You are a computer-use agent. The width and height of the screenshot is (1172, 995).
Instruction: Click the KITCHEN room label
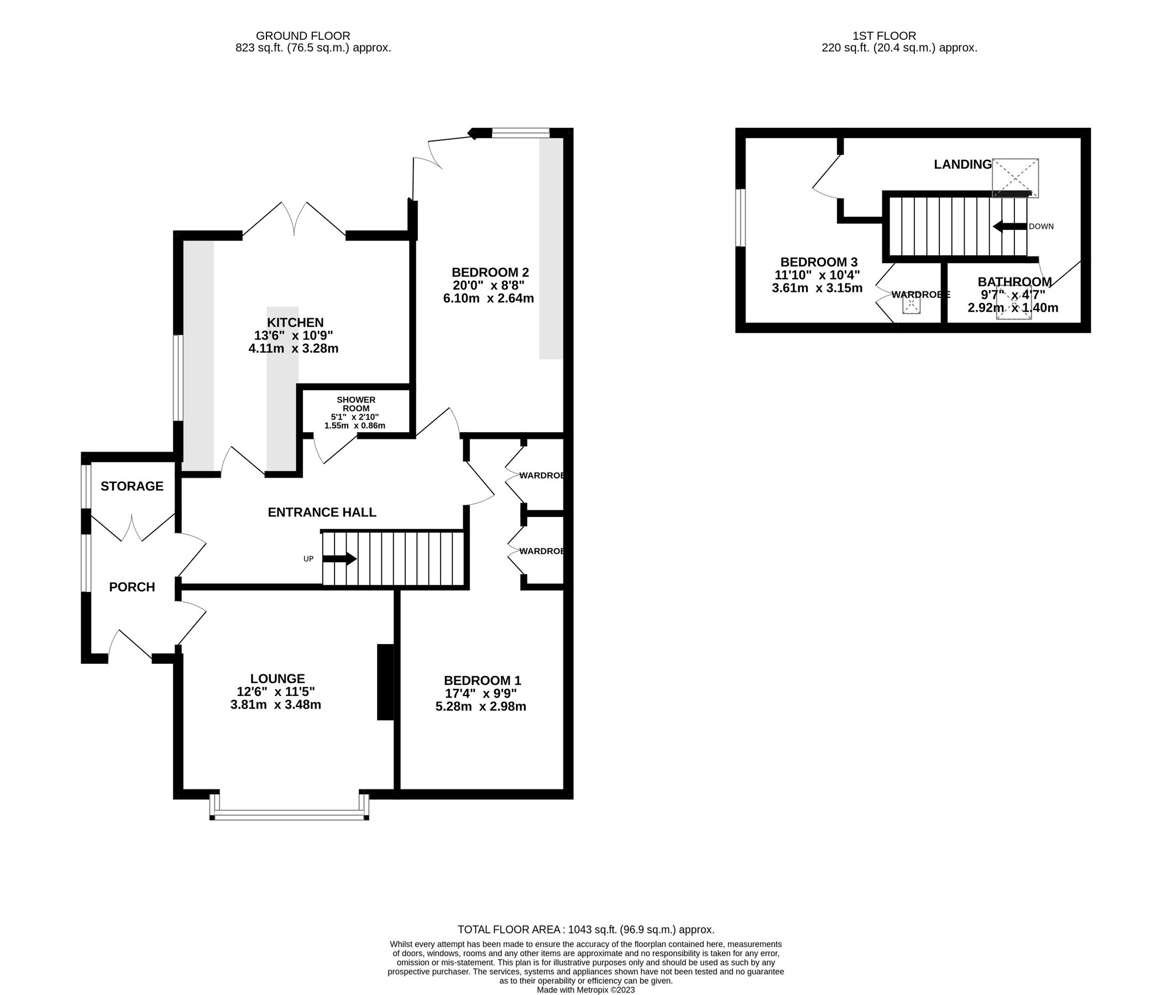point(295,323)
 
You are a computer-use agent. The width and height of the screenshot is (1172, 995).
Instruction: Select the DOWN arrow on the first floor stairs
point(1009,226)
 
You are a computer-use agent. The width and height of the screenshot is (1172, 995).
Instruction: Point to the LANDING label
point(962,164)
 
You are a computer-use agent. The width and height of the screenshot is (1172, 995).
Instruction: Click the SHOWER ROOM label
point(356,404)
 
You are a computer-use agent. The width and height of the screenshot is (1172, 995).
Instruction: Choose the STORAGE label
point(132,486)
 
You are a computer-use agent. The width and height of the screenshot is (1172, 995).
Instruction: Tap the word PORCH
point(132,587)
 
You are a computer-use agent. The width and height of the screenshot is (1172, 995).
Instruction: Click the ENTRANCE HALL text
point(322,512)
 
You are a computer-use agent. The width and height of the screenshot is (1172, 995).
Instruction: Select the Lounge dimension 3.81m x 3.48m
point(276,704)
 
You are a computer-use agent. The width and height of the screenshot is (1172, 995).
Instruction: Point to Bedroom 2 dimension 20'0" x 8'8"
point(489,285)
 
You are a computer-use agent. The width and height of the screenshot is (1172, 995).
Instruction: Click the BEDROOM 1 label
point(482,681)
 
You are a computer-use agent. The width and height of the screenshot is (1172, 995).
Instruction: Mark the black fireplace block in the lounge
point(385,682)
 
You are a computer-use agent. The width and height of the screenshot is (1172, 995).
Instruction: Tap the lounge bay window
point(289,814)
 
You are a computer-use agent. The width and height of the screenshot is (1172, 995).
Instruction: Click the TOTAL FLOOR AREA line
point(585,930)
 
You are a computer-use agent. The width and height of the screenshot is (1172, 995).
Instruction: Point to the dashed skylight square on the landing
point(1015,177)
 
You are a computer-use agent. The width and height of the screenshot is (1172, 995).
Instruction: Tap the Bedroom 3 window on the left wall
point(741,218)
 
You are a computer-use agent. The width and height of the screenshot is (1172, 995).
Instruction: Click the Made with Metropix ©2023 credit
point(585,989)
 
